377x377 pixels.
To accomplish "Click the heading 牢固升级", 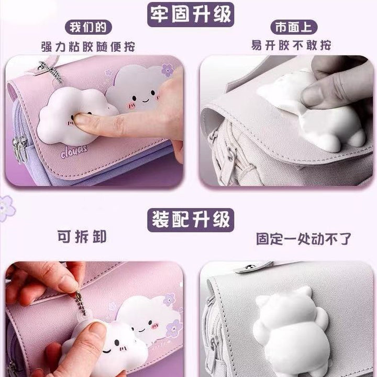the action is (x=191, y=15).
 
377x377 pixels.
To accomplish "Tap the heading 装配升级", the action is (x=191, y=220).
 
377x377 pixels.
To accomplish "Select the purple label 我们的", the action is (x=88, y=27).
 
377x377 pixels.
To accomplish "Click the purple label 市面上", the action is (x=294, y=27).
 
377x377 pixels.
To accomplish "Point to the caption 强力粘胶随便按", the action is (x=88, y=47).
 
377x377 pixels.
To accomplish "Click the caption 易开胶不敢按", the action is (x=291, y=45).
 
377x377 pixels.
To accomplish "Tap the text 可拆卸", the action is (x=82, y=237).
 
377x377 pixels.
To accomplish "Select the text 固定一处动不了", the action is (x=303, y=239).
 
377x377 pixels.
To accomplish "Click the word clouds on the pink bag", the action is (x=74, y=151).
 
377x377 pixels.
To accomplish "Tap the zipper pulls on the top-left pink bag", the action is (x=20, y=149).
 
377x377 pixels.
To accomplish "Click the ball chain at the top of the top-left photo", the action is (x=51, y=71).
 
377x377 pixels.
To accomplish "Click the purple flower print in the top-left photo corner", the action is (x=168, y=69).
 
